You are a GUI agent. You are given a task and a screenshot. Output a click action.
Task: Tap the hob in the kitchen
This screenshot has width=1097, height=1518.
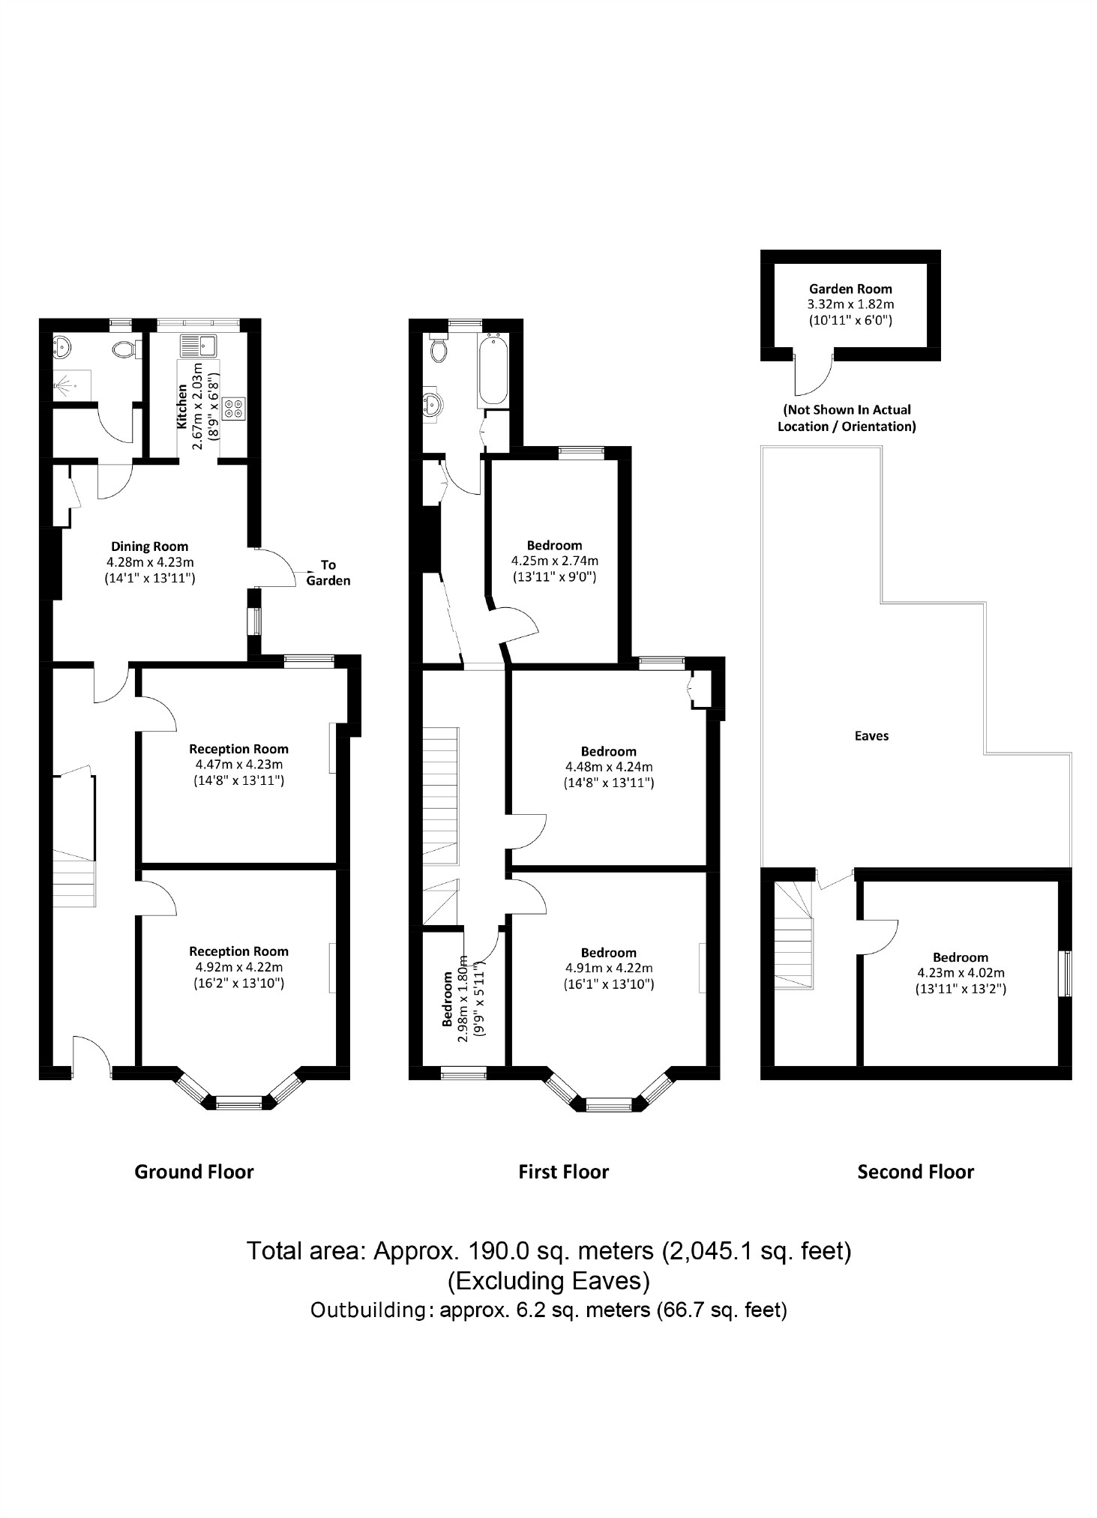232,409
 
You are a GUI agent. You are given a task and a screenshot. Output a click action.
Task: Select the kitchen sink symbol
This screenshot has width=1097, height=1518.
198,346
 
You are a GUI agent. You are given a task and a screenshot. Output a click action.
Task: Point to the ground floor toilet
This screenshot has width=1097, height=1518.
124,349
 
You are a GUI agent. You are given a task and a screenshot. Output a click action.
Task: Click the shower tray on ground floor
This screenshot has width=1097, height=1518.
72,385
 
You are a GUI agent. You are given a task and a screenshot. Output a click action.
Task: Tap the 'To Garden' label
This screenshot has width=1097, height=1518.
328,573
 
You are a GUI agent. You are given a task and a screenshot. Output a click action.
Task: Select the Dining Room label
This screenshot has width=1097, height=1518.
150,546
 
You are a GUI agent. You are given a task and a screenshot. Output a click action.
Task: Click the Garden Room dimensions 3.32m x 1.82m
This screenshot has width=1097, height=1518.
850,304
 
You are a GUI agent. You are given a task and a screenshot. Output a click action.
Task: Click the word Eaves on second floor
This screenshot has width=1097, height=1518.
871,736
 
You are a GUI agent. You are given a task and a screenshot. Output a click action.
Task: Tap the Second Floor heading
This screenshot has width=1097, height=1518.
915,1172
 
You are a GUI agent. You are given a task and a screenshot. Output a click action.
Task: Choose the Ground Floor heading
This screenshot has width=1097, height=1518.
194,1172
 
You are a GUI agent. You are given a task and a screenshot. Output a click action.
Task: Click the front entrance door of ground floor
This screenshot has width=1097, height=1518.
91,1053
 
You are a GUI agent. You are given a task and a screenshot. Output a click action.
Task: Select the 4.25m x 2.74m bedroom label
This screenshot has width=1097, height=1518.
554,561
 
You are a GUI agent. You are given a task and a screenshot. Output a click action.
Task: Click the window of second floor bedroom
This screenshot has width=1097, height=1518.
1064,974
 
